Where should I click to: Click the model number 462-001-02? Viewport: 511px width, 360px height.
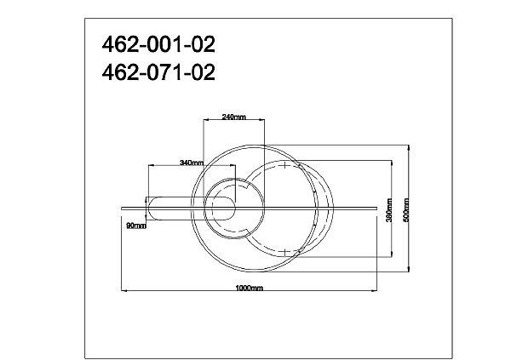tap(158, 44)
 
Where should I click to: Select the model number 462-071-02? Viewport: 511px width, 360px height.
tap(158, 72)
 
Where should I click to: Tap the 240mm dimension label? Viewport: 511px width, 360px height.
tap(233, 117)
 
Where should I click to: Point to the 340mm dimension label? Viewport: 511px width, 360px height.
tap(192, 163)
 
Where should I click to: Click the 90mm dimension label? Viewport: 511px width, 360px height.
tap(136, 226)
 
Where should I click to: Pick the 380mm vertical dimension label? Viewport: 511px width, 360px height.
tap(389, 210)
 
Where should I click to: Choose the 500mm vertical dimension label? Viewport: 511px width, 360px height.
tap(406, 210)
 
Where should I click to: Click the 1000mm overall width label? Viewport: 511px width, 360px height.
tap(249, 288)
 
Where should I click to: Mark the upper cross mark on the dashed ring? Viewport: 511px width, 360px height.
tap(284, 165)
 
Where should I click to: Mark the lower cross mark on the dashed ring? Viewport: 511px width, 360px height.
tap(284, 252)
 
